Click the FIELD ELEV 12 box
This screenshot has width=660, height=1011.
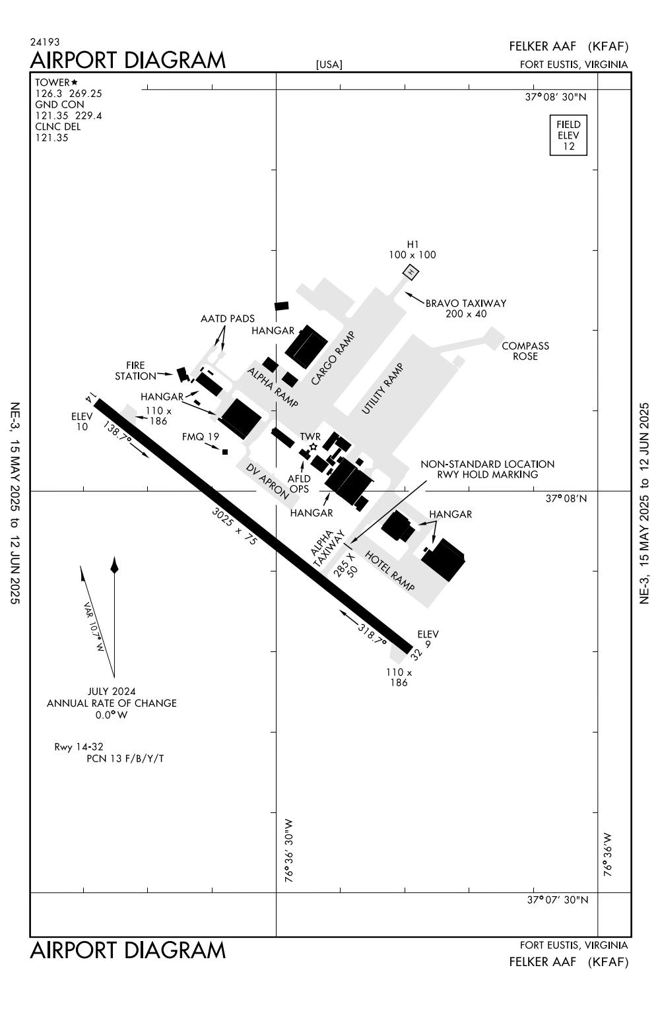(568, 135)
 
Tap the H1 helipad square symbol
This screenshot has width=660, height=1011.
(411, 271)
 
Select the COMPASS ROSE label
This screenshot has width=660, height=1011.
(525, 351)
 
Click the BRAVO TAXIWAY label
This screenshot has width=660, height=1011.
(466, 304)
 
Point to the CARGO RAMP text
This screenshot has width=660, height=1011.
(333, 358)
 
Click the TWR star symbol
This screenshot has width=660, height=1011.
(313, 447)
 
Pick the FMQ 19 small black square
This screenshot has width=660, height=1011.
(225, 452)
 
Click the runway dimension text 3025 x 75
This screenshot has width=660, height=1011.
(234, 525)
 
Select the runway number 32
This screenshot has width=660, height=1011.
(415, 654)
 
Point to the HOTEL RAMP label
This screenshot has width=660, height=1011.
(389, 571)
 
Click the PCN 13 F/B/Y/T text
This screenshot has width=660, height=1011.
(125, 759)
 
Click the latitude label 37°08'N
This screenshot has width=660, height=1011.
(566, 498)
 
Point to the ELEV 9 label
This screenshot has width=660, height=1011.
(428, 639)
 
